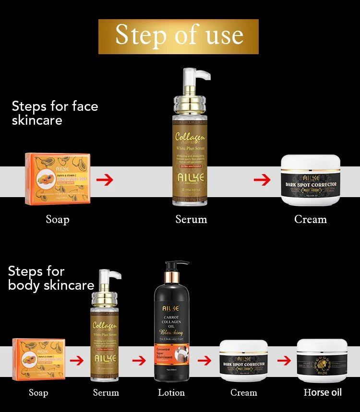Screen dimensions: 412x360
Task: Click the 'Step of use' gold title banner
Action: [179, 36]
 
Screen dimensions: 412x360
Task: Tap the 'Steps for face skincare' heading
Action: [55, 113]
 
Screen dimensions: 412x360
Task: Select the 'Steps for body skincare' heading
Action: [51, 278]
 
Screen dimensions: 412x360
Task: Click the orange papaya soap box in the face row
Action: [58, 179]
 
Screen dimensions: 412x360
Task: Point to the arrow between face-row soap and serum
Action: [105, 180]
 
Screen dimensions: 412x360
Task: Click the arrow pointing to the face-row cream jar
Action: [262, 180]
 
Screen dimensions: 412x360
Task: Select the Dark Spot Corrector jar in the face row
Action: [310, 180]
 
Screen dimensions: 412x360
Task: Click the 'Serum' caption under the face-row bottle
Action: [191, 220]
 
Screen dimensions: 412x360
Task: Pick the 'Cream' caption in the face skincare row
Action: [310, 220]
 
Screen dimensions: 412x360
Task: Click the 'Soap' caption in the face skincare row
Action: [58, 220]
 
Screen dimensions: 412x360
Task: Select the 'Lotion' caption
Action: [171, 393]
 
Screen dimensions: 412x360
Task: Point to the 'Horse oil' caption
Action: [323, 392]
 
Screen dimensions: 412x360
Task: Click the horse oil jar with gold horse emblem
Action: [322, 360]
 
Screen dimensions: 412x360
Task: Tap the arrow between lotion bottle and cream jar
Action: [204, 360]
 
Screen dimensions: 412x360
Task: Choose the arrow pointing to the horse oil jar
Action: [284, 360]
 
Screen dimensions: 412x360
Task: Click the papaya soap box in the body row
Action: [39, 359]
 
